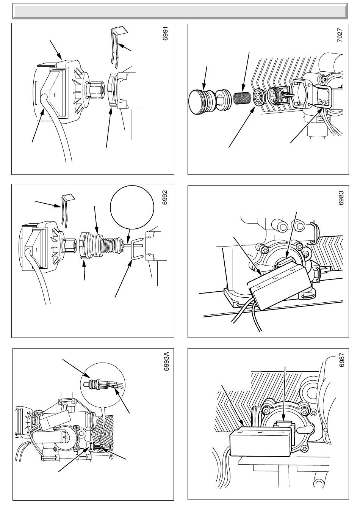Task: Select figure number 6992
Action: (x=164, y=198)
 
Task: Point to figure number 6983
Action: (x=341, y=198)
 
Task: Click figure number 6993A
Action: (x=166, y=363)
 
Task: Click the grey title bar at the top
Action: (x=180, y=11)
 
